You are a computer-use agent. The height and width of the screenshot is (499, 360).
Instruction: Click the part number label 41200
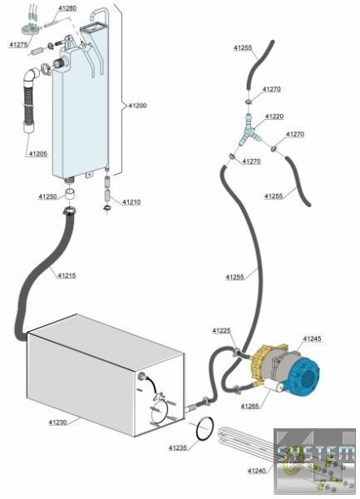138,106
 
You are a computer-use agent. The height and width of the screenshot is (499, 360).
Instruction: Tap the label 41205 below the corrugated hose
38,154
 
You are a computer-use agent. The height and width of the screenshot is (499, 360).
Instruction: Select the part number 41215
67,275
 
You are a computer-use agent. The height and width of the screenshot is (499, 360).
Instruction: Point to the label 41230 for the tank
57,422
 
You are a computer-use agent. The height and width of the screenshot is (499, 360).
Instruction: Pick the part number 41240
257,471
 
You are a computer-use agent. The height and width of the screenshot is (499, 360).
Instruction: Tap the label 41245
312,338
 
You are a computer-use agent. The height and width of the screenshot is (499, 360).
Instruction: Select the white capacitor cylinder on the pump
271,386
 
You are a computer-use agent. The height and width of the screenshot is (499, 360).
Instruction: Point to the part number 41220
274,116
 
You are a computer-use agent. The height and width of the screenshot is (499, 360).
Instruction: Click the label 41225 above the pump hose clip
221,331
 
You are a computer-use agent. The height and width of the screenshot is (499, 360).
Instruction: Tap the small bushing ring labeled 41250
71,194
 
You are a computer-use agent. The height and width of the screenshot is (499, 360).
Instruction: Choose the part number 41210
131,202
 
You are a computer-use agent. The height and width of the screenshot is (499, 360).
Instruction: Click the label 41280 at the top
67,8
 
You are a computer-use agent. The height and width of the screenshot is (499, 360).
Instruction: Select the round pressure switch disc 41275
30,29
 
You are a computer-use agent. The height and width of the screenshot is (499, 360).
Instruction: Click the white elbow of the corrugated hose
32,76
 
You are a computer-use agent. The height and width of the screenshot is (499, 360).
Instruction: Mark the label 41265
250,406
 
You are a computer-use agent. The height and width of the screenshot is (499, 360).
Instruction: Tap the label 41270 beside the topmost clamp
272,89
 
